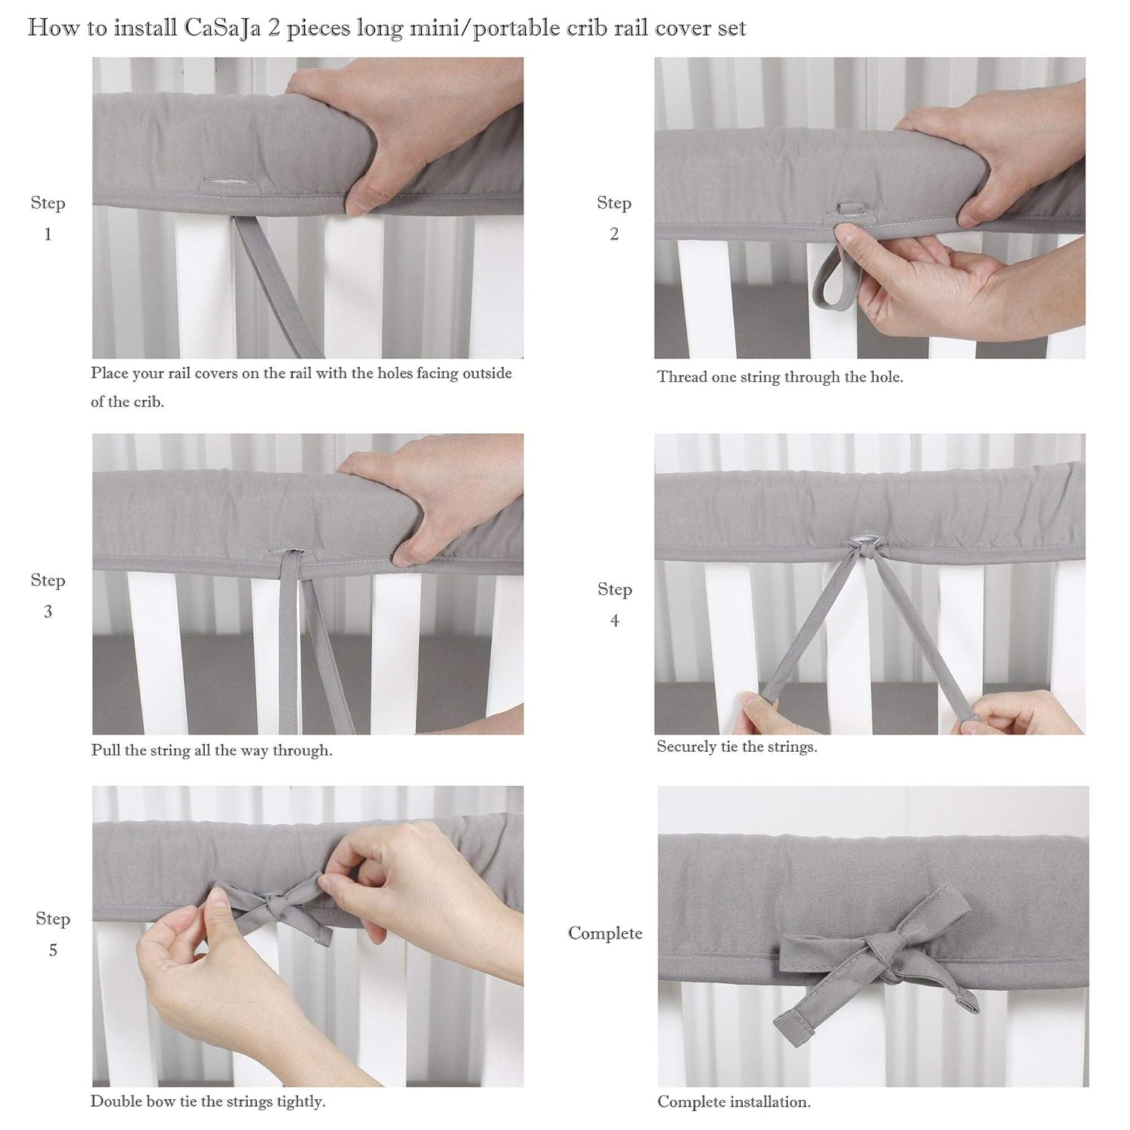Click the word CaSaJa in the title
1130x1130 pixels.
[x=217, y=29]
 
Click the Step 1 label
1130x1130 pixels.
[x=47, y=218]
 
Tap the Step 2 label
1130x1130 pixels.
[x=613, y=218]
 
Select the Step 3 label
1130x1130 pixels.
[x=47, y=595]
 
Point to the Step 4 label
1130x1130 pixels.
[x=614, y=604]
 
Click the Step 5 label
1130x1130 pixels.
[x=53, y=934]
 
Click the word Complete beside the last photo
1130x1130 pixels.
[x=605, y=933]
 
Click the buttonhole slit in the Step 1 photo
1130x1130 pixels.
[x=227, y=182]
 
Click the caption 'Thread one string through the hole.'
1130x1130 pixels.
[x=780, y=377]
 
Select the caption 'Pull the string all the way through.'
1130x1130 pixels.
[x=212, y=750]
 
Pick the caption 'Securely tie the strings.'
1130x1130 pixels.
[x=737, y=747]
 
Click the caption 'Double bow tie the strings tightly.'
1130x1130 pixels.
[x=208, y=1101]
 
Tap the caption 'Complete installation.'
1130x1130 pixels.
[x=734, y=1102]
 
